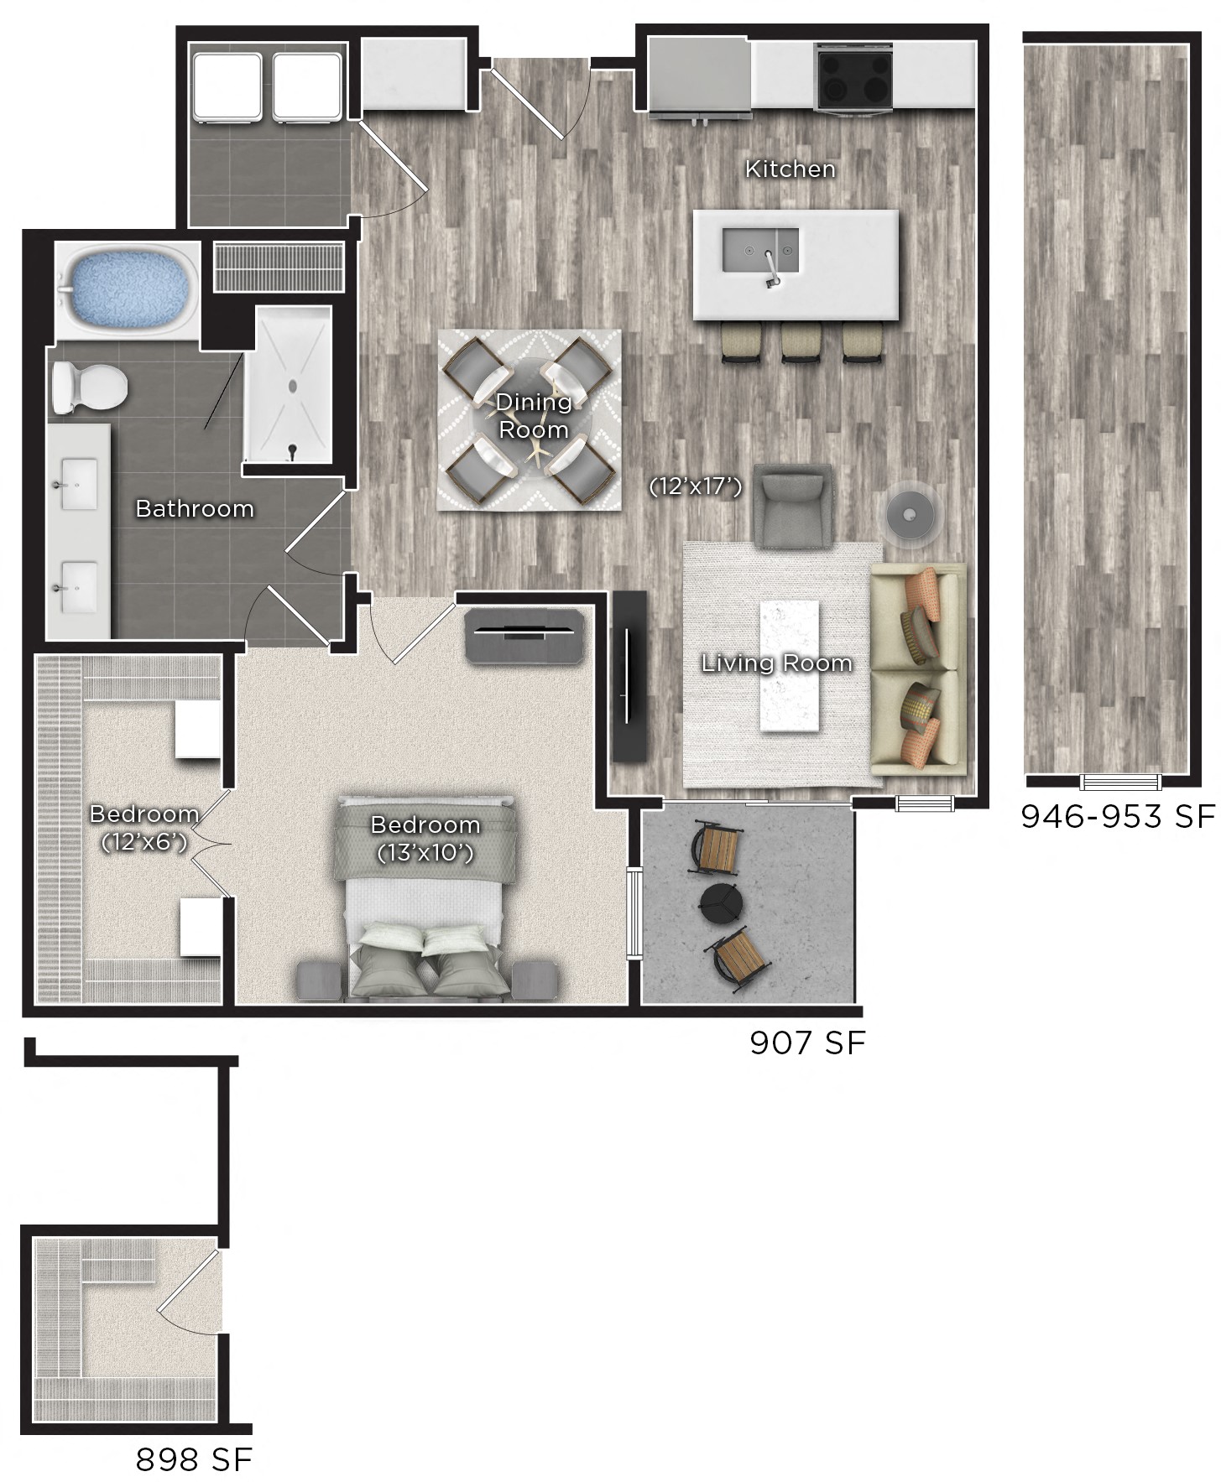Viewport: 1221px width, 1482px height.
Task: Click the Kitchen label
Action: point(790,169)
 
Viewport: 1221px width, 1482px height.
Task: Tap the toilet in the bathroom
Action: point(88,387)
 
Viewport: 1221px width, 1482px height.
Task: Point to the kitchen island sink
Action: point(760,250)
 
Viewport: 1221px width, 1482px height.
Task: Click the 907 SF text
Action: point(806,1043)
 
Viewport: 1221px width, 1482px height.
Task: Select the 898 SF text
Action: point(194,1459)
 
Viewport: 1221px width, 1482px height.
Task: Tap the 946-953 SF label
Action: point(1118,815)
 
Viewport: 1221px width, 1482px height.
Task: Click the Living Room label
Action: point(776,663)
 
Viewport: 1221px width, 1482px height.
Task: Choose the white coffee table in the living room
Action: point(789,665)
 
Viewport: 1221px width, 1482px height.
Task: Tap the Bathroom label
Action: point(195,508)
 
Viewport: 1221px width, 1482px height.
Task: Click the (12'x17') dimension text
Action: point(696,486)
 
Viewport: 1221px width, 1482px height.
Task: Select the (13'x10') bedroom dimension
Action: point(425,853)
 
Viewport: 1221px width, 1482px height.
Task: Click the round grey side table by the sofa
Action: point(911,511)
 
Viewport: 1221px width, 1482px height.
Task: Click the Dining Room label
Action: point(534,416)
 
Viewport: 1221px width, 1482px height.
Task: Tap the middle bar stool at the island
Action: point(801,344)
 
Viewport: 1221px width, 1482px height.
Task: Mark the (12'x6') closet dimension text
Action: point(143,841)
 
